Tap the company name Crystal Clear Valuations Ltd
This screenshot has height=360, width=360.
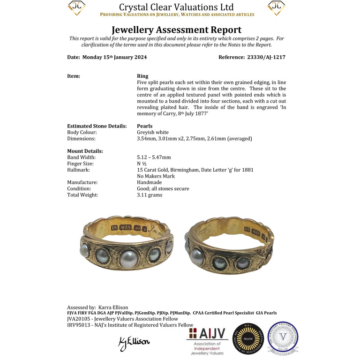pos(176,7)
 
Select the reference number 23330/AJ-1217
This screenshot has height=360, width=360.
pos(266,57)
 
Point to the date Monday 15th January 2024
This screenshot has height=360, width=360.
pos(114,57)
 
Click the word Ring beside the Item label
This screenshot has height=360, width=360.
pos(142,76)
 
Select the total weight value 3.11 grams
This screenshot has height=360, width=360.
pos(150,195)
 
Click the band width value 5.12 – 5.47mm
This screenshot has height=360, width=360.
pos(154,157)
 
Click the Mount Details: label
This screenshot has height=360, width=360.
pos(85,151)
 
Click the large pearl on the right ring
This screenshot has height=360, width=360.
pos(197,256)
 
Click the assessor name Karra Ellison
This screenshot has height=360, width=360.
pos(113,307)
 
